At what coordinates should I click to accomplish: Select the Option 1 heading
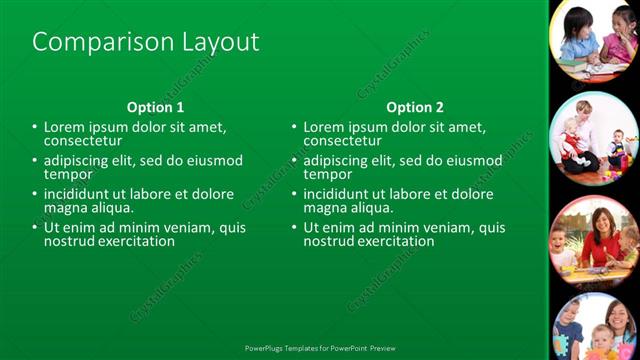point(155,107)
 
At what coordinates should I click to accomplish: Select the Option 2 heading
point(415,107)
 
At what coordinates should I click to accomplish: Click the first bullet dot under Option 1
point(35,128)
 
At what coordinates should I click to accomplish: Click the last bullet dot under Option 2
point(295,228)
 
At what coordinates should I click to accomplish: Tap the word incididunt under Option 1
point(80,194)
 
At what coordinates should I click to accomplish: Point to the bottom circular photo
point(596,330)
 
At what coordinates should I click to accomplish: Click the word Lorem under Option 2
point(323,128)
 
